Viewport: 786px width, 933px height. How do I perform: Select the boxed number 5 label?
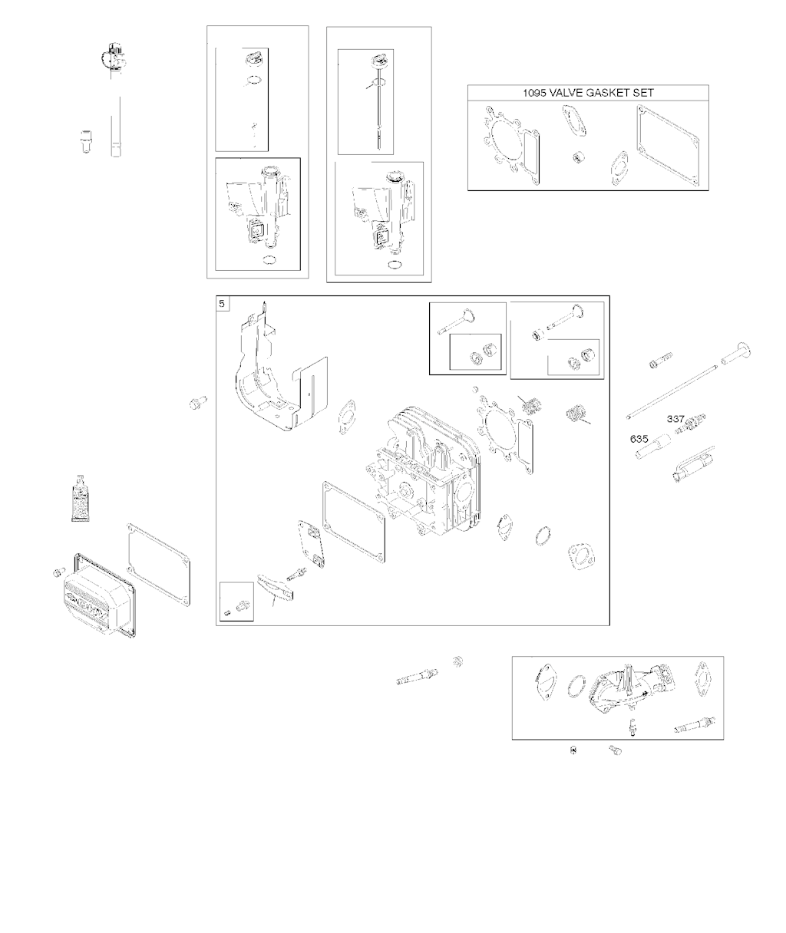(223, 305)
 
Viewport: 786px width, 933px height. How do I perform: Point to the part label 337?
(675, 419)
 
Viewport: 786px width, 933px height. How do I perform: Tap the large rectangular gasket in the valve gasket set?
(668, 146)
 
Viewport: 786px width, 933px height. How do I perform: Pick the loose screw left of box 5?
(199, 402)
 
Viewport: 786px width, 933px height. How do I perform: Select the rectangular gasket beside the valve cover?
(158, 556)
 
